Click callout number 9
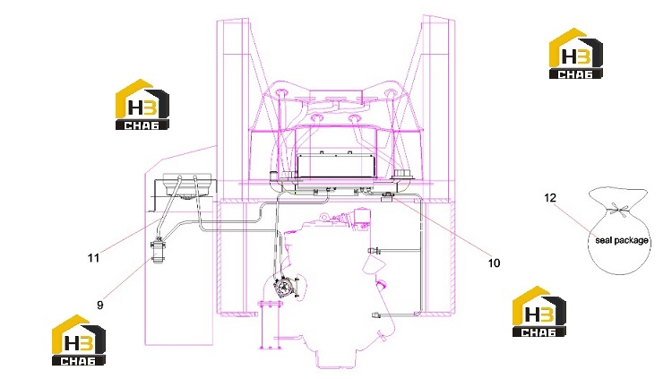coord(99,305)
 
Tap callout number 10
coord(494,263)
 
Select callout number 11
coord(93,258)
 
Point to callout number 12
coord(550,198)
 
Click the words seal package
coord(622,240)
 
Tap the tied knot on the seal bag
coord(618,210)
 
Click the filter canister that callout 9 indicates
coord(159,252)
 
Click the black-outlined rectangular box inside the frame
coord(336,165)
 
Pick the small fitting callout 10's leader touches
coord(388,196)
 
